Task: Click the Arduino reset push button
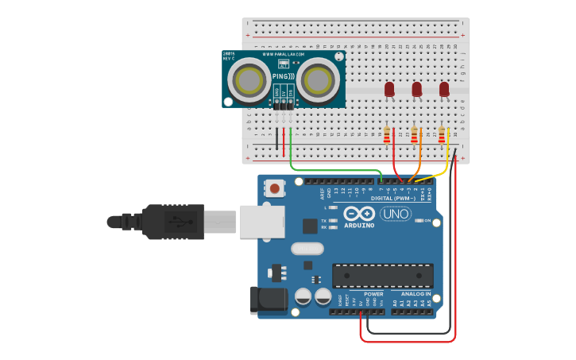pyautogui.click(x=274, y=189)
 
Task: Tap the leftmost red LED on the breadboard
pyautogui.click(x=389, y=90)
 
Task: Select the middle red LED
pyautogui.click(x=417, y=90)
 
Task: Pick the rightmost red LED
pyautogui.click(x=444, y=90)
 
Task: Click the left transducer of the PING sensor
pyautogui.click(x=249, y=80)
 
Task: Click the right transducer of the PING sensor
pyautogui.click(x=318, y=80)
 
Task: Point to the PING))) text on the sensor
pyautogui.click(x=283, y=77)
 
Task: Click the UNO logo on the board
pyautogui.click(x=395, y=214)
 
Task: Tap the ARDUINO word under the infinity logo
pyautogui.click(x=360, y=225)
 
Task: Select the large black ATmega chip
pyautogui.click(x=382, y=276)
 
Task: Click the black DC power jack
pyautogui.click(x=269, y=299)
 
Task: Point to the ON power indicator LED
pyautogui.click(x=419, y=220)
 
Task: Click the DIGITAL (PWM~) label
pyautogui.click(x=392, y=199)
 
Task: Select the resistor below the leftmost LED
pyautogui.click(x=387, y=137)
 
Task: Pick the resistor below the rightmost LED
pyautogui.click(x=442, y=137)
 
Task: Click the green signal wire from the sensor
pyautogui.click(x=334, y=169)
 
